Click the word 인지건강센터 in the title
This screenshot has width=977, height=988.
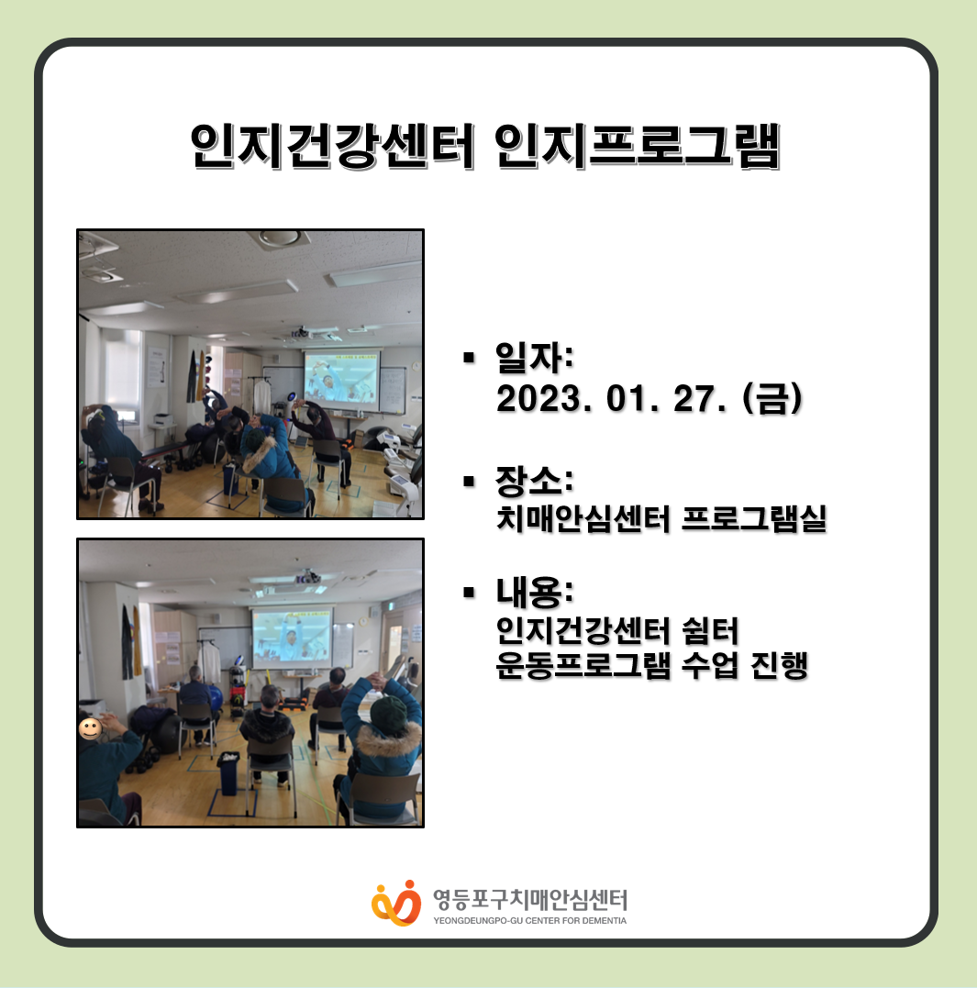(x=332, y=146)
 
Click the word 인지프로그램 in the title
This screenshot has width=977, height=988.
(x=638, y=146)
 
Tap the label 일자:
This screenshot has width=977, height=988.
(x=534, y=357)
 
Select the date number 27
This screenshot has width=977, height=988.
(x=694, y=399)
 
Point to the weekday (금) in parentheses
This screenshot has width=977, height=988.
(x=772, y=399)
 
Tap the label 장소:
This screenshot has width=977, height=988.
(x=534, y=481)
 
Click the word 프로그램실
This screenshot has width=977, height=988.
(x=754, y=518)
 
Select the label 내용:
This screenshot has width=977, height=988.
(x=534, y=591)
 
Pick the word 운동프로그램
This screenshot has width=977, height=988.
(x=583, y=665)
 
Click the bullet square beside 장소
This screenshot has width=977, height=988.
(x=469, y=482)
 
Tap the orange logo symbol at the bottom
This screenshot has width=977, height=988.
(x=396, y=903)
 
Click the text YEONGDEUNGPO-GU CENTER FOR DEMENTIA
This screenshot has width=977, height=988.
(x=529, y=921)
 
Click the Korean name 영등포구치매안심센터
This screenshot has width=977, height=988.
(x=529, y=900)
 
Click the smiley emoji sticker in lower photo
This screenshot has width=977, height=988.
(x=90, y=729)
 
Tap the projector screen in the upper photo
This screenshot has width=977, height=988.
(x=341, y=379)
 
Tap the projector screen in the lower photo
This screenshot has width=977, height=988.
(x=292, y=637)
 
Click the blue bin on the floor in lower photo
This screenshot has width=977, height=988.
(x=228, y=772)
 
